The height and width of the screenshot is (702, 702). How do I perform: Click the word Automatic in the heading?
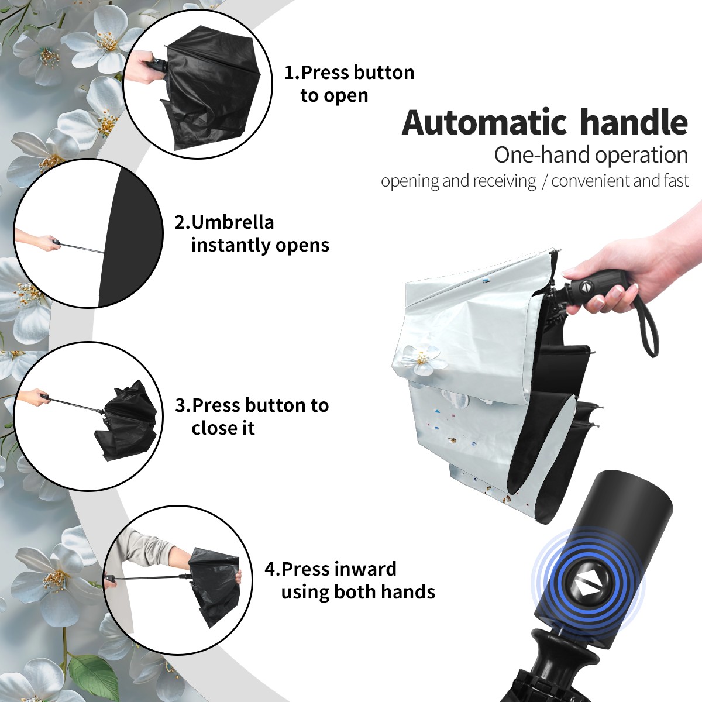(x=484, y=123)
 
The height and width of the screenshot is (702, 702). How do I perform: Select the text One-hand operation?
(x=591, y=155)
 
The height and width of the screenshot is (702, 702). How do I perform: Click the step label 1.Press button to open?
(x=349, y=84)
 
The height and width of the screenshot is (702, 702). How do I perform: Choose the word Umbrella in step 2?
(x=232, y=222)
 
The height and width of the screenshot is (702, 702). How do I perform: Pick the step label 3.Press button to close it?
(x=252, y=417)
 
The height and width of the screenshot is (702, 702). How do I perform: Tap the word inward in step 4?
(x=366, y=569)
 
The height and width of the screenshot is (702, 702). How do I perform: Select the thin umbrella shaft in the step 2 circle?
(x=82, y=247)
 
